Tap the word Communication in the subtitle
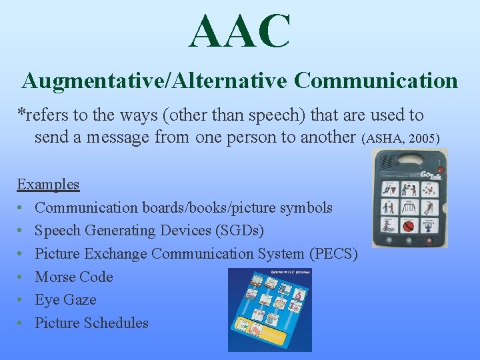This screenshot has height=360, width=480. click(376, 81)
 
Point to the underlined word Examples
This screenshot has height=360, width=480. click(48, 184)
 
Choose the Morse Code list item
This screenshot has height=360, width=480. click(73, 277)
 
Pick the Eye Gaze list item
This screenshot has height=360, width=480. click(65, 300)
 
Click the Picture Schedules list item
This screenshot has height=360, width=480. click(91, 323)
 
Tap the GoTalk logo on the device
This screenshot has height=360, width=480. click(430, 174)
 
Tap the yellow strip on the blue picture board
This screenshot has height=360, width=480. click(261, 328)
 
